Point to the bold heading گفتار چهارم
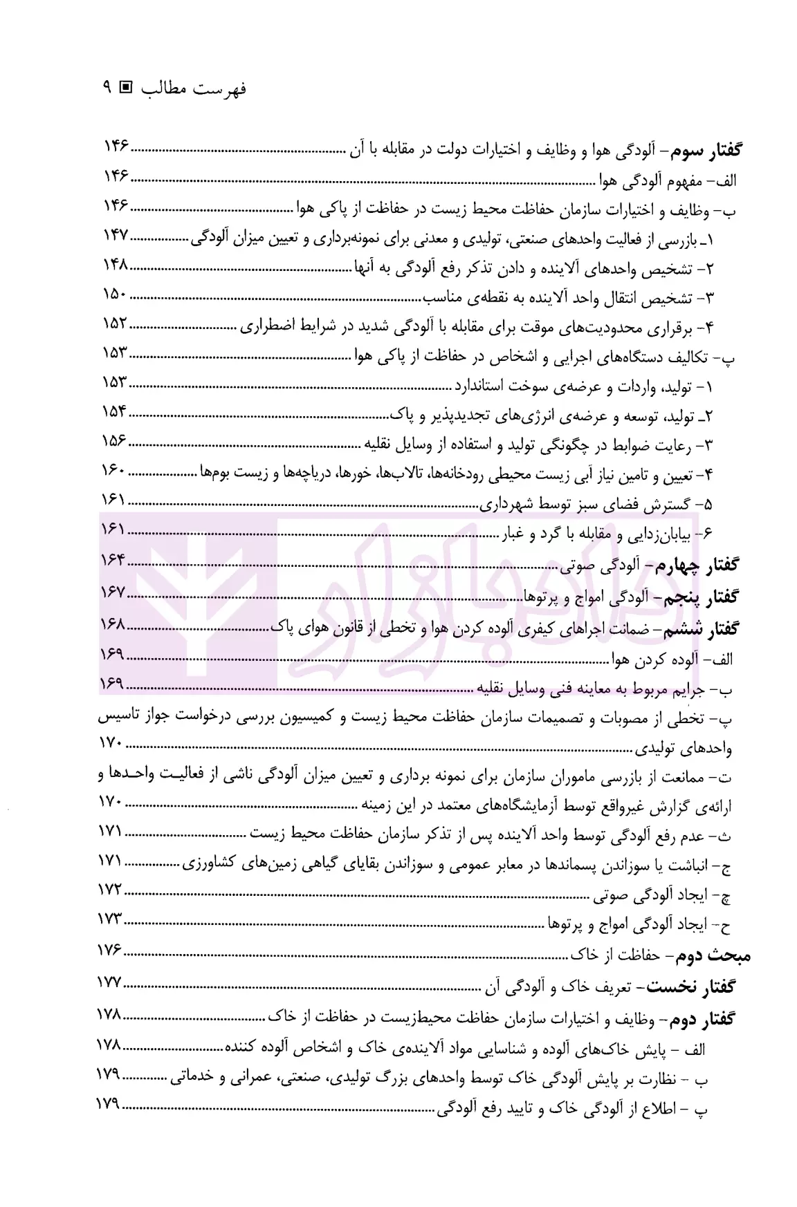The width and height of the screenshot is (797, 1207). [705, 566]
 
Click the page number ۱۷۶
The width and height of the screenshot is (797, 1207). [111, 951]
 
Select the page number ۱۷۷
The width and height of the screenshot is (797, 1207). [111, 982]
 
